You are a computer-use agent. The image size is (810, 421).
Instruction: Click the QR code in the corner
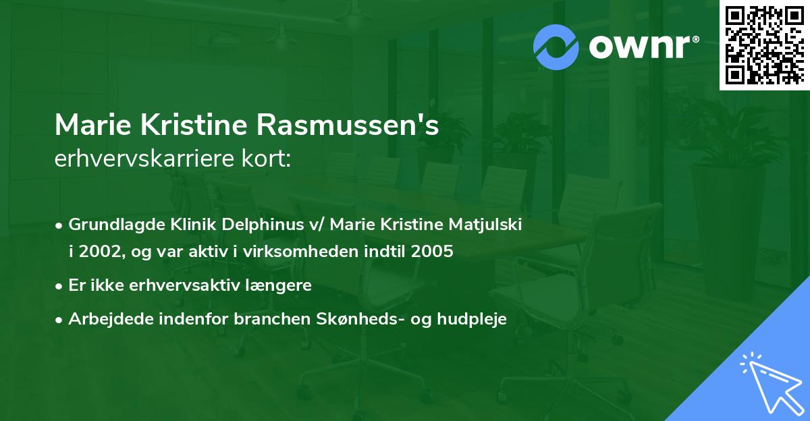click(x=764, y=45)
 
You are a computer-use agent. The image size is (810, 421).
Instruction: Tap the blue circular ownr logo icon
click(x=556, y=47)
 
